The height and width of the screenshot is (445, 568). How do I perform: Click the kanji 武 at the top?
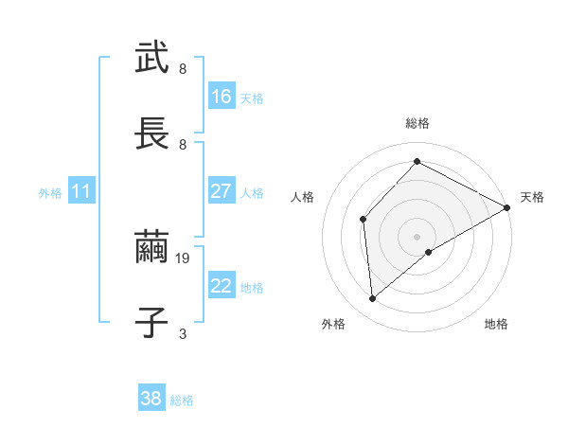click(151, 58)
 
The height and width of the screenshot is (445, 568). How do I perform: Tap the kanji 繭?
click(151, 247)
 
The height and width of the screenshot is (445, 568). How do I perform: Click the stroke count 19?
click(185, 257)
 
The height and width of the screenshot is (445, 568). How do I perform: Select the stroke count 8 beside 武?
click(183, 68)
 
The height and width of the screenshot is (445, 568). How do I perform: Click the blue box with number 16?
click(221, 97)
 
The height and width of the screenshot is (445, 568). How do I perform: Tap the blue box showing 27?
click(221, 191)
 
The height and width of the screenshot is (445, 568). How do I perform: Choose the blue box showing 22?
click(221, 286)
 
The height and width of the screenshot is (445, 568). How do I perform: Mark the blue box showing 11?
click(81, 191)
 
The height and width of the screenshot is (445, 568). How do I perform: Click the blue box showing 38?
click(151, 400)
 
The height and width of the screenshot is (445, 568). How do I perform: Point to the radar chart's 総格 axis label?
click(417, 123)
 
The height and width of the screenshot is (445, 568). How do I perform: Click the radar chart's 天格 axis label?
click(532, 197)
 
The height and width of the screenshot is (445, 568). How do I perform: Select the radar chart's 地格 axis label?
click(496, 324)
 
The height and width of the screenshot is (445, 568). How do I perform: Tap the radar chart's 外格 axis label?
click(333, 324)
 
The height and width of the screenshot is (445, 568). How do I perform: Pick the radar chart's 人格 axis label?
click(302, 197)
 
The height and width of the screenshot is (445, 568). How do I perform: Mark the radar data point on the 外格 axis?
click(373, 299)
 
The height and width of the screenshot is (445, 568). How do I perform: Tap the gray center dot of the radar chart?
click(417, 236)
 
